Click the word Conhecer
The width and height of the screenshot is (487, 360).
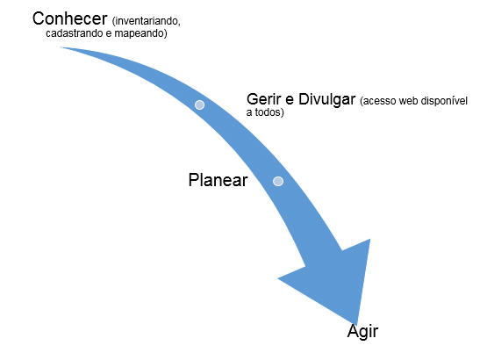pyautogui.click(x=70, y=18)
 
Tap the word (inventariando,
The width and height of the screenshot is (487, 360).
pyautogui.click(x=146, y=21)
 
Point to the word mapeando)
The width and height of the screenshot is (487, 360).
pyautogui.click(x=140, y=33)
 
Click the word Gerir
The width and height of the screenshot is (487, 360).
pyautogui.click(x=264, y=99)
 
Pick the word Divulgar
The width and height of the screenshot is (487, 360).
pyautogui.click(x=327, y=99)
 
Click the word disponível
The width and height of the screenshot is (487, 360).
pyautogui.click(x=442, y=101)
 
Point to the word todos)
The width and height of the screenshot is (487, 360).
pyautogui.click(x=269, y=112)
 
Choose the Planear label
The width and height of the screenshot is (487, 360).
pyautogui.click(x=218, y=180)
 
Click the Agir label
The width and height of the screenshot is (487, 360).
pyautogui.click(x=362, y=332)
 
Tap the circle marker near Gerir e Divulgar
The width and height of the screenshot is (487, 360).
pyautogui.click(x=199, y=104)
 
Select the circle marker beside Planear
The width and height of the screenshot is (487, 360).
pyautogui.click(x=278, y=181)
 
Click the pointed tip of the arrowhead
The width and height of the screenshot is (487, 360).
pyautogui.click(x=357, y=324)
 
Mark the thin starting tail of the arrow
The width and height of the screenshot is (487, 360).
pyautogui.click(x=61, y=47)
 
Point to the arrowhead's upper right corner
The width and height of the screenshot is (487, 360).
pyautogui.click(x=370, y=239)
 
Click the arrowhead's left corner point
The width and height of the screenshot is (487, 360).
pyautogui.click(x=278, y=278)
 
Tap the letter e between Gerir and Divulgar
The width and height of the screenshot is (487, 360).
pyautogui.click(x=290, y=101)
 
